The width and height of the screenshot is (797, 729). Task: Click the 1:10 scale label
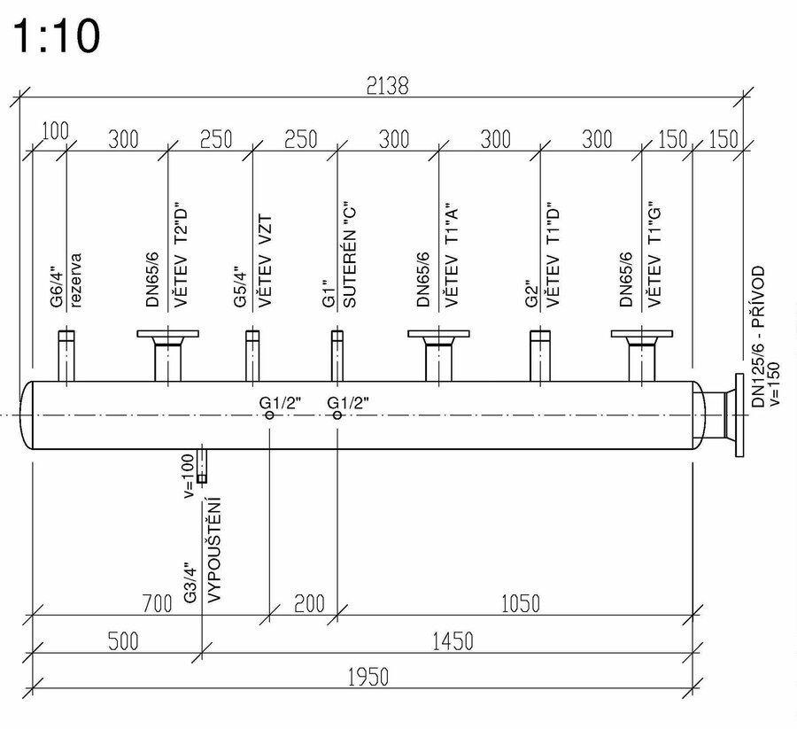pyautogui.click(x=55, y=37)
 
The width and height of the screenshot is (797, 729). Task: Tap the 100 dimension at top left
pyautogui.click(x=55, y=131)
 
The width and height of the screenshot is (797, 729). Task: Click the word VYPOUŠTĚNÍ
pyautogui.click(x=213, y=549)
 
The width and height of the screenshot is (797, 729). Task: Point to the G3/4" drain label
pyautogui.click(x=189, y=583)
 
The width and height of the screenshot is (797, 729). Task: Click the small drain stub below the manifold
pyautogui.click(x=203, y=466)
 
